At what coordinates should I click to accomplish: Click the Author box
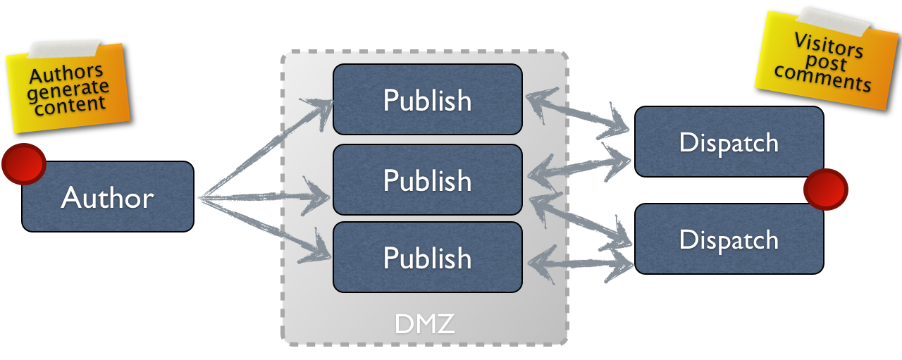pyautogui.click(x=107, y=197)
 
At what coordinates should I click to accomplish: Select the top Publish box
pyautogui.click(x=427, y=99)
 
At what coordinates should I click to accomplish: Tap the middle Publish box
pyautogui.click(x=427, y=180)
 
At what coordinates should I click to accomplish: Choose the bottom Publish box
pyautogui.click(x=427, y=257)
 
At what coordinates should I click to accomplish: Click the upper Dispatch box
pyautogui.click(x=729, y=142)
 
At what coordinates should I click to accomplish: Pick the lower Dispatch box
pyautogui.click(x=729, y=239)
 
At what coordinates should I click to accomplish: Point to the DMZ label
pyautogui.click(x=424, y=324)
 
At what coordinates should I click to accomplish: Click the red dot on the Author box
pyautogui.click(x=23, y=164)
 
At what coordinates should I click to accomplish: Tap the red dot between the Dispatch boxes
pyautogui.click(x=825, y=189)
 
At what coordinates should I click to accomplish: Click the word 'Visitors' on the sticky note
pyautogui.click(x=828, y=44)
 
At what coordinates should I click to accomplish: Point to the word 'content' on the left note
pyautogui.click(x=71, y=104)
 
